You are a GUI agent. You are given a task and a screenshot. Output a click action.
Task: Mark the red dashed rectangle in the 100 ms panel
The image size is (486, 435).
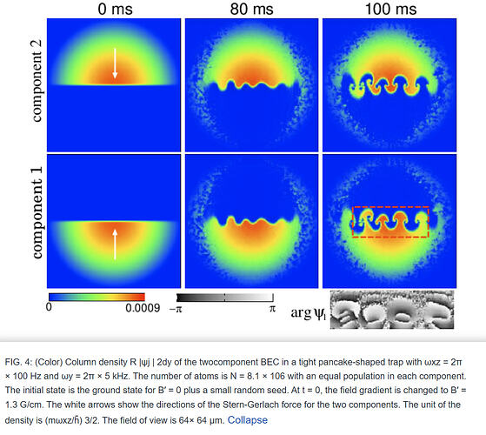391,222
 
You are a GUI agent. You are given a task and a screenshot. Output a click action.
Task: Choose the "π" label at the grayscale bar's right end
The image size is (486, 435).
271,308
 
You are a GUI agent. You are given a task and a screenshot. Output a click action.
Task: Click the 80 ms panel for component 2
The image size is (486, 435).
251,85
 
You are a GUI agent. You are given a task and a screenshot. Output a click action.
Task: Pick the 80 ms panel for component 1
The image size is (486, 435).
251,222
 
